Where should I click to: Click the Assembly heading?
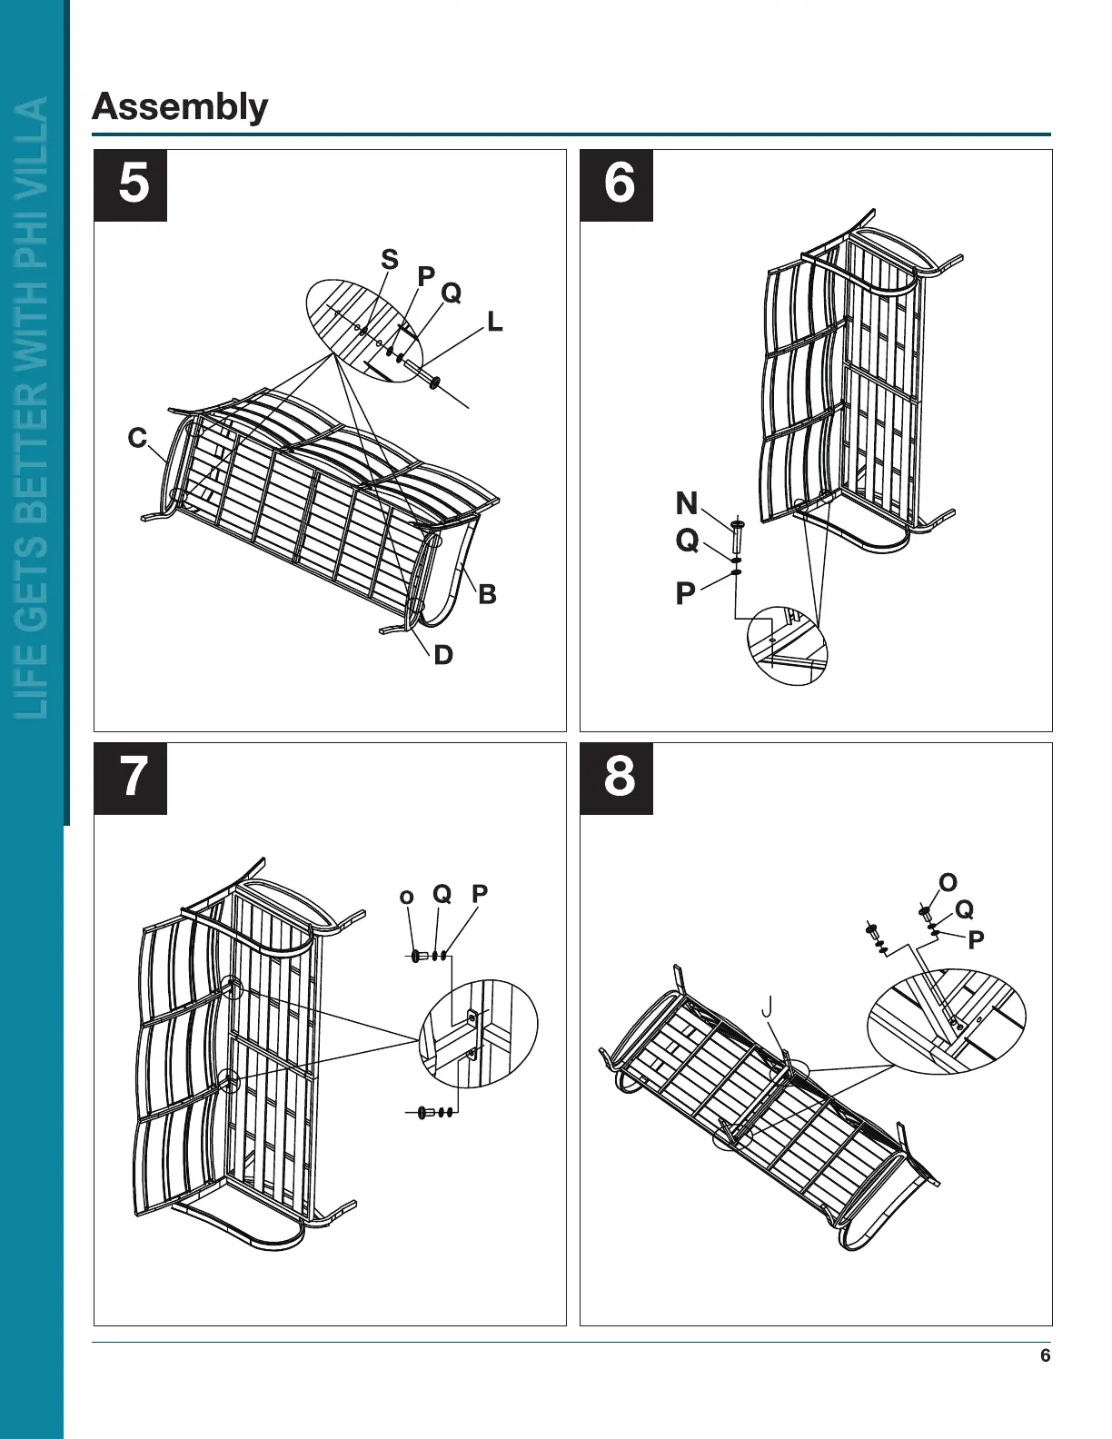click(x=180, y=107)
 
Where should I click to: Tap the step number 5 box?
click(x=131, y=185)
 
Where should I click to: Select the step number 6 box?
click(x=617, y=185)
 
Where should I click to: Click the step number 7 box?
click(x=131, y=779)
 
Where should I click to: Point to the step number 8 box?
click(x=617, y=779)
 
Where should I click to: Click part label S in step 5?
click(x=390, y=260)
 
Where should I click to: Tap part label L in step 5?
click(x=494, y=322)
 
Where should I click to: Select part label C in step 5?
click(x=137, y=438)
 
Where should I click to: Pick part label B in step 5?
click(x=487, y=594)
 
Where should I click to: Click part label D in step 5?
click(x=442, y=655)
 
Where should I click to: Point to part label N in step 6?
click(x=687, y=503)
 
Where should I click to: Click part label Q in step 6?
click(x=687, y=541)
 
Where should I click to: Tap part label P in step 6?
click(x=685, y=594)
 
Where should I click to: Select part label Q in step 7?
click(x=442, y=894)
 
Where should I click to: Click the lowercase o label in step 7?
click(x=406, y=898)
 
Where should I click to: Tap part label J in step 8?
click(x=768, y=1007)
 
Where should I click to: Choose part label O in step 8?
click(x=948, y=883)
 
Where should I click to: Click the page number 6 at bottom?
click(x=1045, y=1355)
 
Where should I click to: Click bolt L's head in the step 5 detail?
click(x=434, y=382)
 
